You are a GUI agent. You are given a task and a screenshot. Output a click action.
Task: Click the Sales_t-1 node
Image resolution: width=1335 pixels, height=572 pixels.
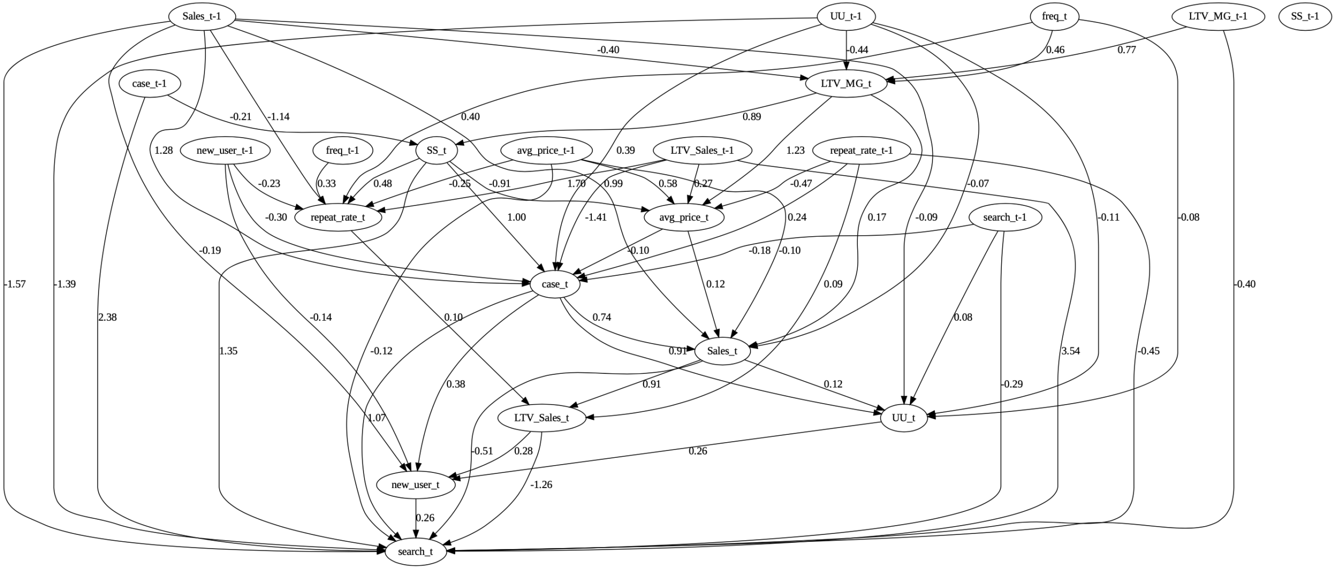[x=202, y=16]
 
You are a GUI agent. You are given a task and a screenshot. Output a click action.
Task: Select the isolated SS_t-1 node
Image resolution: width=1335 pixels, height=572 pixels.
[x=1305, y=16]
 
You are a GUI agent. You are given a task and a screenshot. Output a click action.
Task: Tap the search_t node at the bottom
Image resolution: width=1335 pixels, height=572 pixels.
[x=415, y=552]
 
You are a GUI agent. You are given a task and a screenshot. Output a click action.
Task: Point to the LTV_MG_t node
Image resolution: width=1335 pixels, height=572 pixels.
[x=846, y=83]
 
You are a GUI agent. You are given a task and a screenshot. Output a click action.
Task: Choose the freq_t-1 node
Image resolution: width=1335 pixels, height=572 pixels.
[x=342, y=151]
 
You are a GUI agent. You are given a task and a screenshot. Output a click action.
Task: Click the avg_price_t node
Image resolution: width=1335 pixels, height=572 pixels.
[x=684, y=217]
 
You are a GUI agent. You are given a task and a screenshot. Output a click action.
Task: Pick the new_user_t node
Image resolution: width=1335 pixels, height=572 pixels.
[x=415, y=485]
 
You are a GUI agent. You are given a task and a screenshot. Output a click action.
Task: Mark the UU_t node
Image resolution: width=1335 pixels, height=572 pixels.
[x=904, y=418]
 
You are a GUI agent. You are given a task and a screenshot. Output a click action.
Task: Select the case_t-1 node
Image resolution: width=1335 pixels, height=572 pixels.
[x=149, y=83]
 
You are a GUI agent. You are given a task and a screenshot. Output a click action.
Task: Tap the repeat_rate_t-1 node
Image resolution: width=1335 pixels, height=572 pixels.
[x=861, y=151]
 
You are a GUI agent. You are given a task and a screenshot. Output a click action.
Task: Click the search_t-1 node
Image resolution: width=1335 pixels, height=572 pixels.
[x=1005, y=217]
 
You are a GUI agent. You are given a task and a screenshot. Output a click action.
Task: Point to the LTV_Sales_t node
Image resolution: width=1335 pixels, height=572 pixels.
[x=541, y=418]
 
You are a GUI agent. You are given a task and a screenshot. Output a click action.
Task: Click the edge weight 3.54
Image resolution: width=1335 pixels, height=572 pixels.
[x=1071, y=351]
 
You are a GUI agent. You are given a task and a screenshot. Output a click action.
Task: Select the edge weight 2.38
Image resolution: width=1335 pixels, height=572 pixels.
[x=107, y=317]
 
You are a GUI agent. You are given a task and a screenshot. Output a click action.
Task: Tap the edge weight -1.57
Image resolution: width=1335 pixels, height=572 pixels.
[x=15, y=284]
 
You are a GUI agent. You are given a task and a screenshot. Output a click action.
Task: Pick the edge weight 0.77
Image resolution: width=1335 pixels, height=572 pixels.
[x=1126, y=50]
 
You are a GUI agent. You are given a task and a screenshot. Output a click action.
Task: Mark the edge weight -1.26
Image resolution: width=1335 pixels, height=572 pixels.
[x=541, y=484]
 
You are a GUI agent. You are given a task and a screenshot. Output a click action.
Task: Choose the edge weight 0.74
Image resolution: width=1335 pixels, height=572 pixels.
[x=602, y=317]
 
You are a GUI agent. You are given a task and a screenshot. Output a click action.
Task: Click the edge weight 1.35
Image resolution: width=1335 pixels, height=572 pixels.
[x=228, y=351]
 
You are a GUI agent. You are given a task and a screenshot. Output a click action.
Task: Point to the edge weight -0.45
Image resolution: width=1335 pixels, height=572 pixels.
[x=1149, y=351]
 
